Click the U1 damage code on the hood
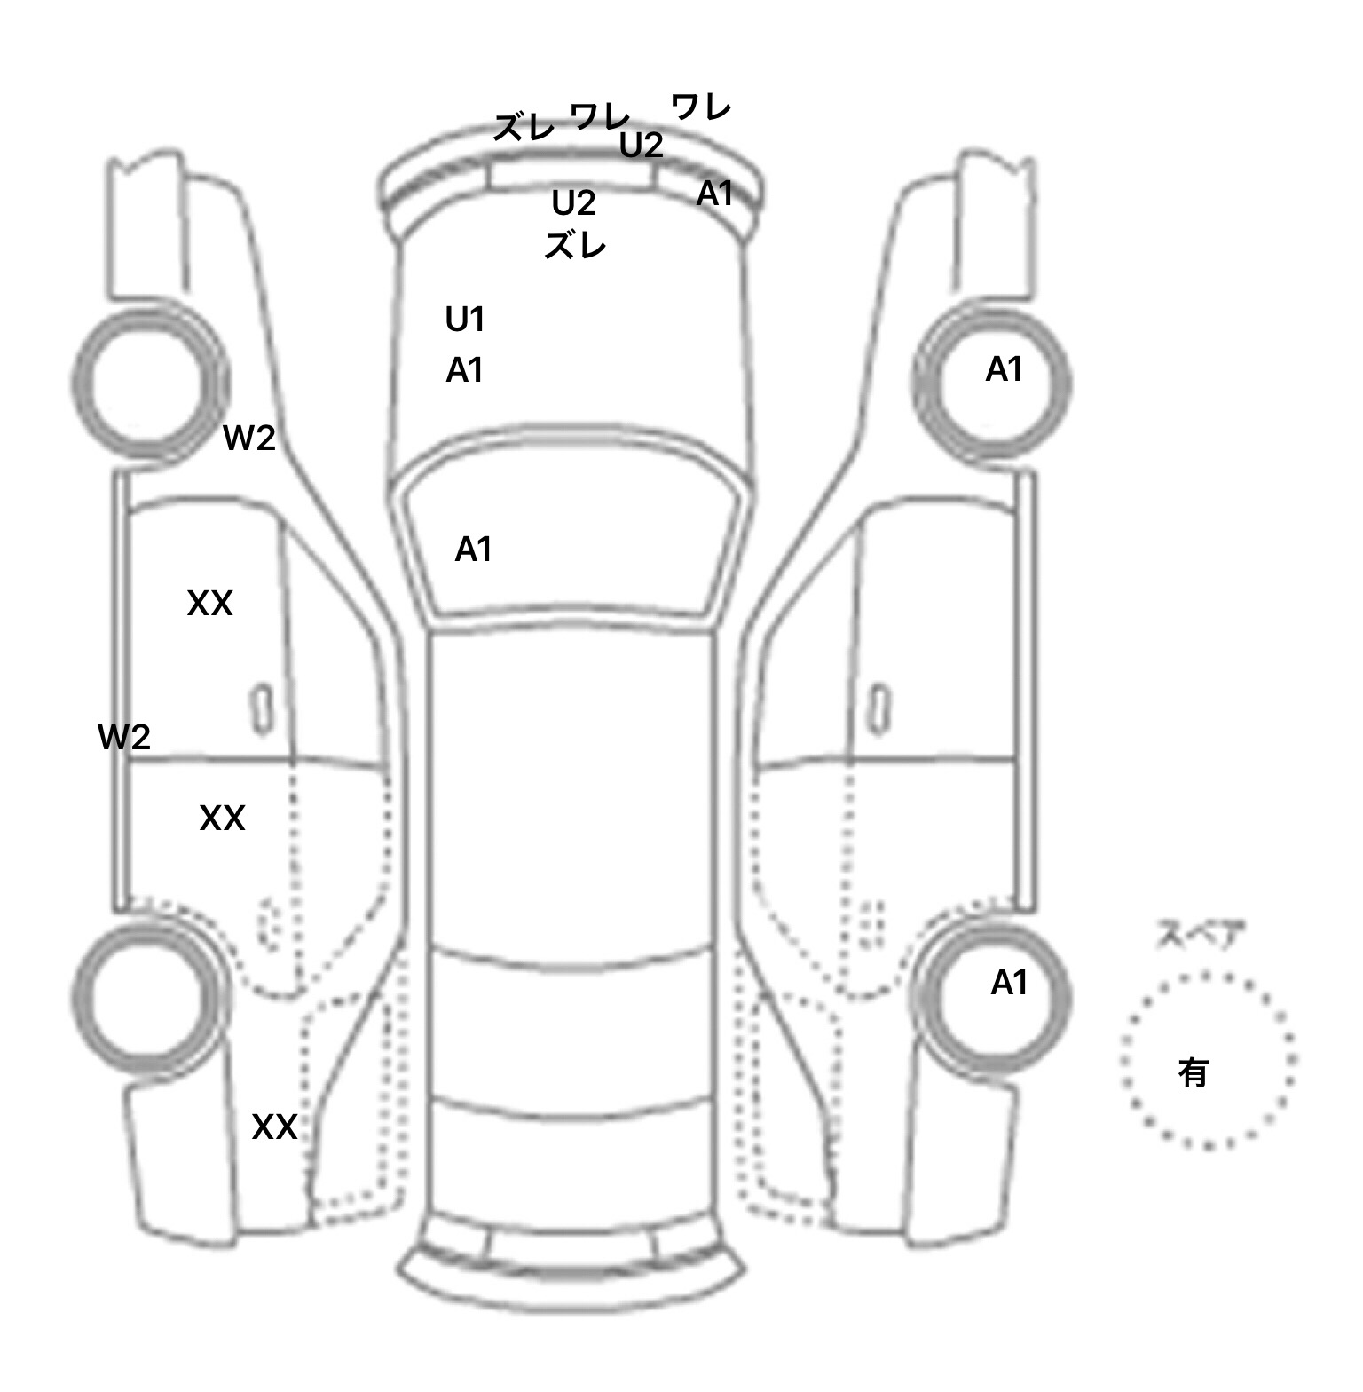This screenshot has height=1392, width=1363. pos(465,320)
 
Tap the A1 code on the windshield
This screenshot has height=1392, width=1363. pos(473,550)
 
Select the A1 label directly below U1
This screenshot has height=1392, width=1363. pos(465,370)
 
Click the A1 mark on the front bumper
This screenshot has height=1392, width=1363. pos(714,194)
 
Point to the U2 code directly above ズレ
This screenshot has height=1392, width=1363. pos(573,204)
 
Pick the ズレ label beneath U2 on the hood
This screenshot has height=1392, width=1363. pos(575,245)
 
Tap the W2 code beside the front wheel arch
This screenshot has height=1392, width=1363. pos(249,438)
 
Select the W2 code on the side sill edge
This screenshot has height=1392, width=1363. pos(124,737)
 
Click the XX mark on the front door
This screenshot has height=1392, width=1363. pos(210,604)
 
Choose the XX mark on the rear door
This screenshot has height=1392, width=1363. pos(222,818)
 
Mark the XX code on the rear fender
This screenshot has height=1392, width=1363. pos(274,1127)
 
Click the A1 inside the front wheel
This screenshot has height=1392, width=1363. pos(1005,369)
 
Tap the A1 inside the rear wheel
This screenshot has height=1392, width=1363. pos(1009,983)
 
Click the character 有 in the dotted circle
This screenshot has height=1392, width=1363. pos(1194,1073)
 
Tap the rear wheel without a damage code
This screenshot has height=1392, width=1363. pos(151,994)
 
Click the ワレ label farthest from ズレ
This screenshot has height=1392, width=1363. pos(701,107)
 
